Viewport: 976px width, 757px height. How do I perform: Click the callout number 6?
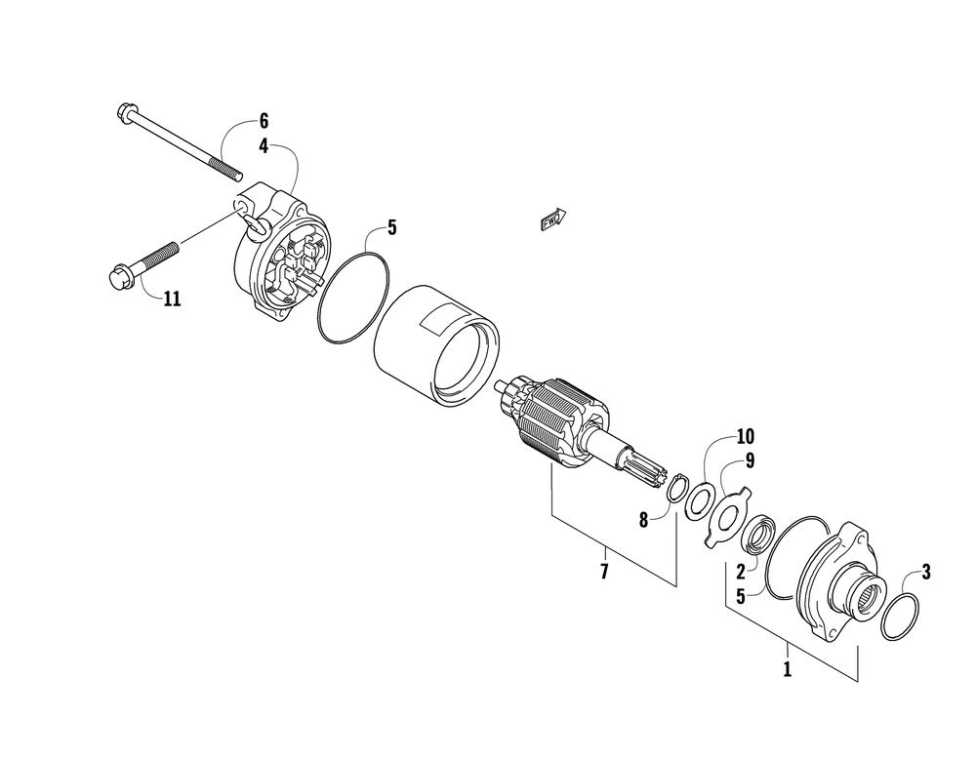coord(263,123)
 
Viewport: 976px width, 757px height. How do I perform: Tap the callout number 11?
coord(172,299)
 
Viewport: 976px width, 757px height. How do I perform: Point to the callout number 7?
coord(604,571)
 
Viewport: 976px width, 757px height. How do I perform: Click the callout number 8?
coord(644,520)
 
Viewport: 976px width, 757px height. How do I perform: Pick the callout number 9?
coord(750,458)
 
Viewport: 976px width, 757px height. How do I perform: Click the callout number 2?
coord(741,571)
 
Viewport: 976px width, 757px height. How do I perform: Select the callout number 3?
coord(926,573)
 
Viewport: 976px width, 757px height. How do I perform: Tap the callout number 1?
coord(788,669)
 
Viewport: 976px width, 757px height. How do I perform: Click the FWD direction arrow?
coord(552,219)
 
